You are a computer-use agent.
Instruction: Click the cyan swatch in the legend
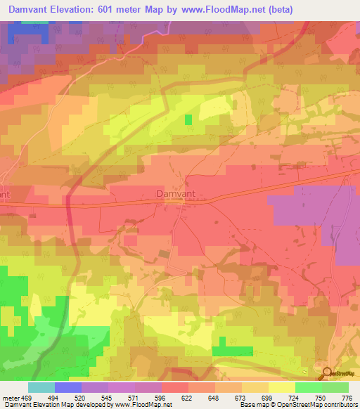41,387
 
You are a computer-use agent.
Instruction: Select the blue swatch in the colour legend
68,387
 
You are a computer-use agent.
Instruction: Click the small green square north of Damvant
188,119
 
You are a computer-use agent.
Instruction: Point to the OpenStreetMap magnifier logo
326,372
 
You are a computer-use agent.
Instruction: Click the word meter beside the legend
11,397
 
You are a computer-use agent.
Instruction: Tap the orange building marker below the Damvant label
174,202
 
